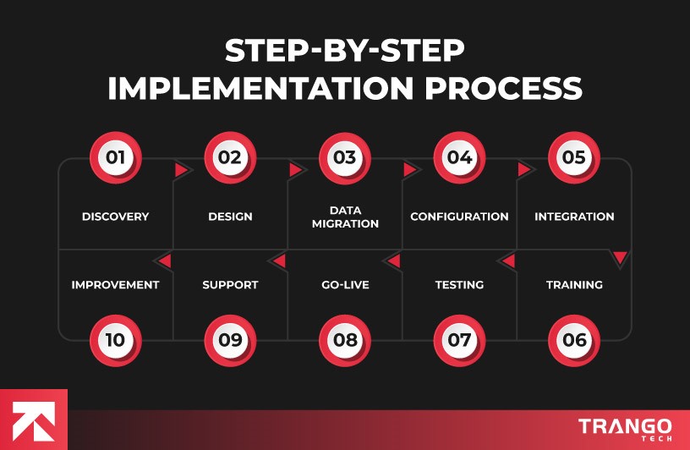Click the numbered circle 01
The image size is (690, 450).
(115, 157)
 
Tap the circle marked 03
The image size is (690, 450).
(344, 157)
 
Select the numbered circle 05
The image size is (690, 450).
(574, 157)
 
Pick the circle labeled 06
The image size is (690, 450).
(574, 340)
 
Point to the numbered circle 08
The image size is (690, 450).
(344, 340)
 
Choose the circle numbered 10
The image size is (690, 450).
(115, 340)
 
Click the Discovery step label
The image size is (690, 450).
(115, 217)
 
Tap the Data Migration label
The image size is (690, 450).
(344, 217)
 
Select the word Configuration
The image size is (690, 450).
(459, 217)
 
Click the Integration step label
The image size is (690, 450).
(574, 217)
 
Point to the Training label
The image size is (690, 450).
(574, 285)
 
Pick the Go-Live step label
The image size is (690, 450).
(344, 285)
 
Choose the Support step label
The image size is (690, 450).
(230, 285)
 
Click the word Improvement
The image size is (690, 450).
(115, 285)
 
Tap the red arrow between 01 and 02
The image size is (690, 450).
(181, 170)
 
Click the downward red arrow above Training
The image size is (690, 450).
(620, 257)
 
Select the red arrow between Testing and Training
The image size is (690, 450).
(508, 261)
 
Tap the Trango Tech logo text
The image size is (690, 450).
(625, 428)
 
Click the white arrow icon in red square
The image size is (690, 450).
(33, 420)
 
